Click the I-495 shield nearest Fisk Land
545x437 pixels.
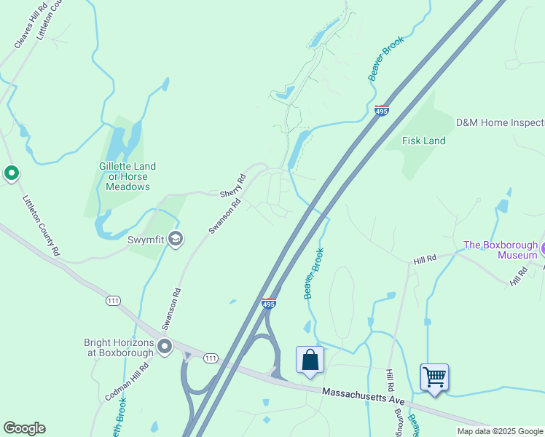tap(382, 111)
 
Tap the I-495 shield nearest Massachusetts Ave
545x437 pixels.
tap(268, 302)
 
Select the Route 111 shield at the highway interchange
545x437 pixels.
tap(211, 358)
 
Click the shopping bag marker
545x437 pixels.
tap(310, 360)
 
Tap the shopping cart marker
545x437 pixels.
tap(434, 377)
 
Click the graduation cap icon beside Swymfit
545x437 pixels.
tap(175, 238)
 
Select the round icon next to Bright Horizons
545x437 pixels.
tap(165, 347)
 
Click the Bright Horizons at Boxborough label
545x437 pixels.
tap(119, 347)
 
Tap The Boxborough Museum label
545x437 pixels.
tap(501, 250)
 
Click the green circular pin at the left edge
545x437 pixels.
tap(11, 173)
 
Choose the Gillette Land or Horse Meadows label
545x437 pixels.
tap(128, 176)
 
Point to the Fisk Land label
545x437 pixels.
tap(423, 141)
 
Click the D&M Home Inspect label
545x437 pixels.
tap(500, 122)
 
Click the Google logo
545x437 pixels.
tap(24, 428)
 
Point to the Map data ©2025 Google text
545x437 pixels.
tap(500, 431)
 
